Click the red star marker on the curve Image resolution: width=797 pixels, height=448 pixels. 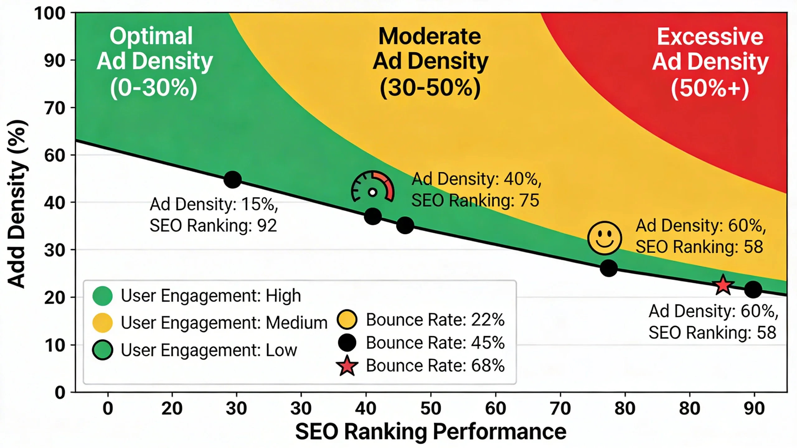723,285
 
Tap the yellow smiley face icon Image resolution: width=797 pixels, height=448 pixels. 605,238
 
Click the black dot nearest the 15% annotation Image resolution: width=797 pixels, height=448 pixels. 233,180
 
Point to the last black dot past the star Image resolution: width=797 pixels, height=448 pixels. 753,290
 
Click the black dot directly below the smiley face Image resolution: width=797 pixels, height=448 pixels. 609,268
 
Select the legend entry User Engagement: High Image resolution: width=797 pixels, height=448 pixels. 210,296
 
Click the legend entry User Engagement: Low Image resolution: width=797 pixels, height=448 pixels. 209,350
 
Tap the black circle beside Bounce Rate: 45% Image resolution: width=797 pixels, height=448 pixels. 347,343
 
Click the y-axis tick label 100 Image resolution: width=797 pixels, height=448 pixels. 50,14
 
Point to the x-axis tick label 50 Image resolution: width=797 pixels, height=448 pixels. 431,408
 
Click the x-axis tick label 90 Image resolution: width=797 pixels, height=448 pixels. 754,408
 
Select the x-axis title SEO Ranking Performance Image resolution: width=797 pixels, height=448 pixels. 431,432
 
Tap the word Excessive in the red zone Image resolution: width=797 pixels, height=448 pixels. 710,37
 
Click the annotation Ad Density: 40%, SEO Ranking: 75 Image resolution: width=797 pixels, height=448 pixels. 476,190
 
